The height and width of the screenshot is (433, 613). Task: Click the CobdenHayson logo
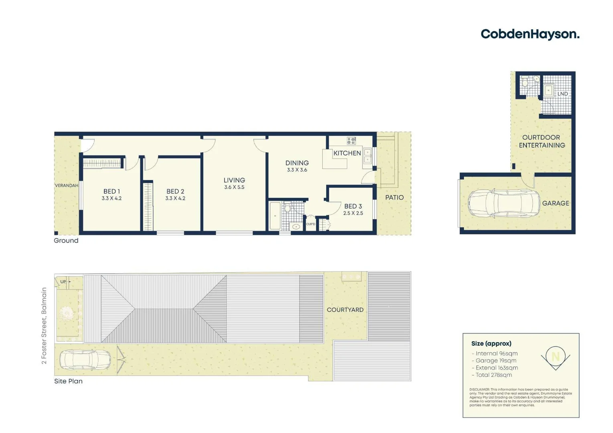[x=530, y=34]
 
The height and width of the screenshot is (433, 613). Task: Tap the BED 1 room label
[x=111, y=192]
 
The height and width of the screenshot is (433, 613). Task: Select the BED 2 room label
[x=175, y=192]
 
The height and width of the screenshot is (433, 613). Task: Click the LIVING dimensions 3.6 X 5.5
[x=234, y=187]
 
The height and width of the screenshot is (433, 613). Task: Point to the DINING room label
[x=297, y=163]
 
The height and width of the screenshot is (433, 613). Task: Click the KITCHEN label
[x=347, y=153]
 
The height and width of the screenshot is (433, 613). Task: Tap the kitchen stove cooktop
[x=351, y=141]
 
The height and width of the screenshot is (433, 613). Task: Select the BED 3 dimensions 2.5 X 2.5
[x=353, y=213]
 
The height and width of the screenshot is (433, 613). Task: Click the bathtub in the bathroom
[x=275, y=216]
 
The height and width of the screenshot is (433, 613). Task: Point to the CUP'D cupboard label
[x=311, y=224]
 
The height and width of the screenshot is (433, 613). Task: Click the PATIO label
[x=395, y=197]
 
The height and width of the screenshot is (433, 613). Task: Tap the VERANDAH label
[x=67, y=186]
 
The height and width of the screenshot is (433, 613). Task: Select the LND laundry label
[x=562, y=94]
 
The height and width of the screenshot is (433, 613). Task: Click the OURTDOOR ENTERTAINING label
[x=542, y=142]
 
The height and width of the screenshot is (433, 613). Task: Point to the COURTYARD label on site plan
[x=345, y=310]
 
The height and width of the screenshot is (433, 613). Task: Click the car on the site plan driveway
[x=85, y=360]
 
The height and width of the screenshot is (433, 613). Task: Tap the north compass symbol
[x=556, y=357]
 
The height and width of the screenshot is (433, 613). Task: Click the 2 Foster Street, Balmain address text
[x=44, y=326]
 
